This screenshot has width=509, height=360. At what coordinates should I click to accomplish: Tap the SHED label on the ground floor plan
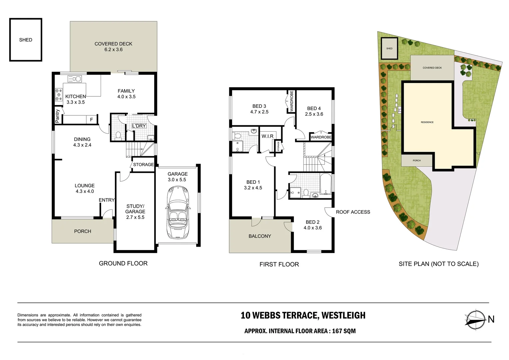click(x=26, y=40)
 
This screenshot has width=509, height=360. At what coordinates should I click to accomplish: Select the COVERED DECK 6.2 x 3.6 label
click(x=113, y=47)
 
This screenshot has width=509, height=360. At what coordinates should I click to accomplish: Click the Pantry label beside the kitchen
click(x=58, y=116)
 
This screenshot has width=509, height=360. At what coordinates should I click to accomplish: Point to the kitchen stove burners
click(x=59, y=94)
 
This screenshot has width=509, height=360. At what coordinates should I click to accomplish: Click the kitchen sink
click(x=74, y=79)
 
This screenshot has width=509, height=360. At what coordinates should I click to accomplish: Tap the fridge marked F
click(x=91, y=120)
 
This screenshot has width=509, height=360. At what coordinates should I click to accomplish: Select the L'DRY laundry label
click(x=139, y=126)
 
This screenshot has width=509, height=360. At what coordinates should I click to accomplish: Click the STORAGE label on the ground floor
click(x=143, y=165)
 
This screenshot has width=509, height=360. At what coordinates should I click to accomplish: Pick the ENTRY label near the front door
click(x=107, y=200)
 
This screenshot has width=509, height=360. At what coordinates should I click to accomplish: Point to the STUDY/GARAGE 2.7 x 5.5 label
click(x=135, y=212)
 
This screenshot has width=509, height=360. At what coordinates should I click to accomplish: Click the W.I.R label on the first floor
click(x=267, y=136)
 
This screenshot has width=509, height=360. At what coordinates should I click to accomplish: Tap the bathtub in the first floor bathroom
click(x=325, y=184)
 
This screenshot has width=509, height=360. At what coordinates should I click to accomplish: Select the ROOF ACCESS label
click(x=353, y=212)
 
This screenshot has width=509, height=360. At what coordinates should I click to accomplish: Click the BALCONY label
click(x=260, y=236)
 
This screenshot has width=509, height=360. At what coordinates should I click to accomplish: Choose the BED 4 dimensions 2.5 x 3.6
click(x=314, y=114)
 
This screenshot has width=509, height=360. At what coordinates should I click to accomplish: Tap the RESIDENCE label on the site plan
click(x=427, y=122)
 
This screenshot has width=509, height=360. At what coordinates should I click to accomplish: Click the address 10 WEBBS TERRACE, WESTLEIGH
click(x=303, y=315)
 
